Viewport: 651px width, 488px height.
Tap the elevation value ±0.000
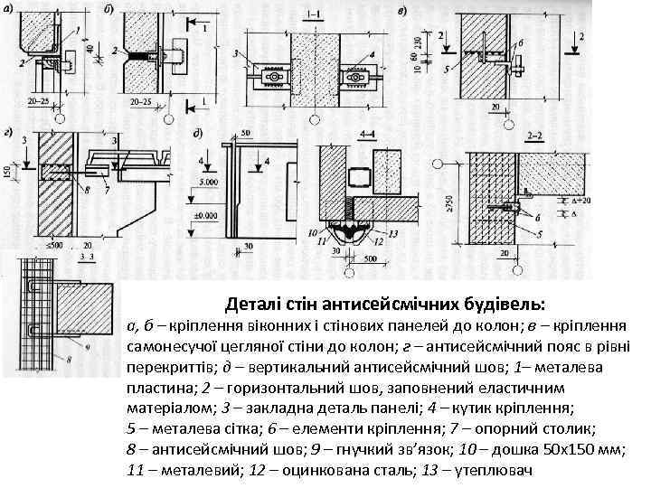pyautogui.click(x=211, y=217)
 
